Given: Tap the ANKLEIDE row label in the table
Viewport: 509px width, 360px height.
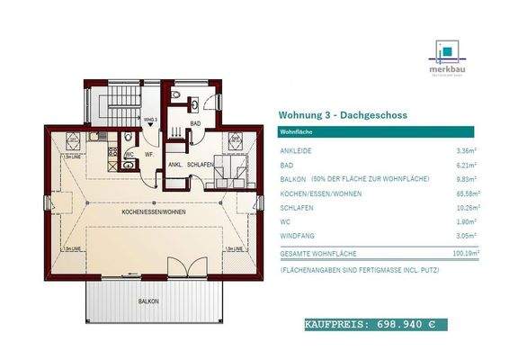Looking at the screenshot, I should point(298,151).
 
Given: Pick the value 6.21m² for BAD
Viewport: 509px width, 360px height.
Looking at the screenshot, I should point(467,166).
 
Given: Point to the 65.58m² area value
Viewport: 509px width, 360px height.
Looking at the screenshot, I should point(465,193).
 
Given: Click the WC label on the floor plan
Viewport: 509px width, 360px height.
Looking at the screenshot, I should point(129,153).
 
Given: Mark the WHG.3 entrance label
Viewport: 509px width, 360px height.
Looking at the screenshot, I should point(149,118).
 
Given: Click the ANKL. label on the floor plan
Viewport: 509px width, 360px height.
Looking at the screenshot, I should point(175,165).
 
